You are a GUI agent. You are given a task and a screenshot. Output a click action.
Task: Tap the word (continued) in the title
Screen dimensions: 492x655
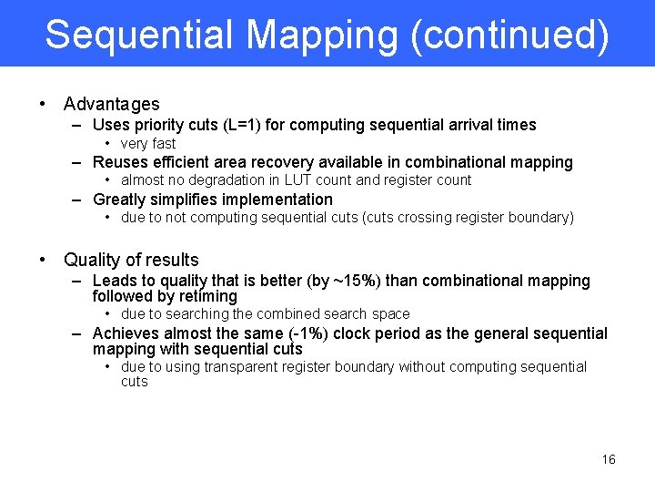pos(509,35)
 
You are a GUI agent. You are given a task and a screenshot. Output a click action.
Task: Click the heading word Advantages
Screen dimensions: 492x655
pos(111,105)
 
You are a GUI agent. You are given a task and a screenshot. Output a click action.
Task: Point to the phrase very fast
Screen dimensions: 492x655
pos(148,144)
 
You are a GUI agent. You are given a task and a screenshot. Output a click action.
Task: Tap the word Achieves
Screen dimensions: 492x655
pos(126,333)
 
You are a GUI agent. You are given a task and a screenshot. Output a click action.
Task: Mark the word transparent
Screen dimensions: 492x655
pos(244,367)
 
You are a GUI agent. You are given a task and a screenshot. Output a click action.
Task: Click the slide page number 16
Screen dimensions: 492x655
pos(609,459)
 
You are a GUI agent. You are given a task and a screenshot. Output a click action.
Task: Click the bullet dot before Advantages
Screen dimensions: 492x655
pos(44,105)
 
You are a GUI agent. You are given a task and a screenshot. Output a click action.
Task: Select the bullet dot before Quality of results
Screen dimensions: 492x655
pos(44,260)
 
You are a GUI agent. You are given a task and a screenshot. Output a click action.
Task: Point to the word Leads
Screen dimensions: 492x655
pos(115,281)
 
